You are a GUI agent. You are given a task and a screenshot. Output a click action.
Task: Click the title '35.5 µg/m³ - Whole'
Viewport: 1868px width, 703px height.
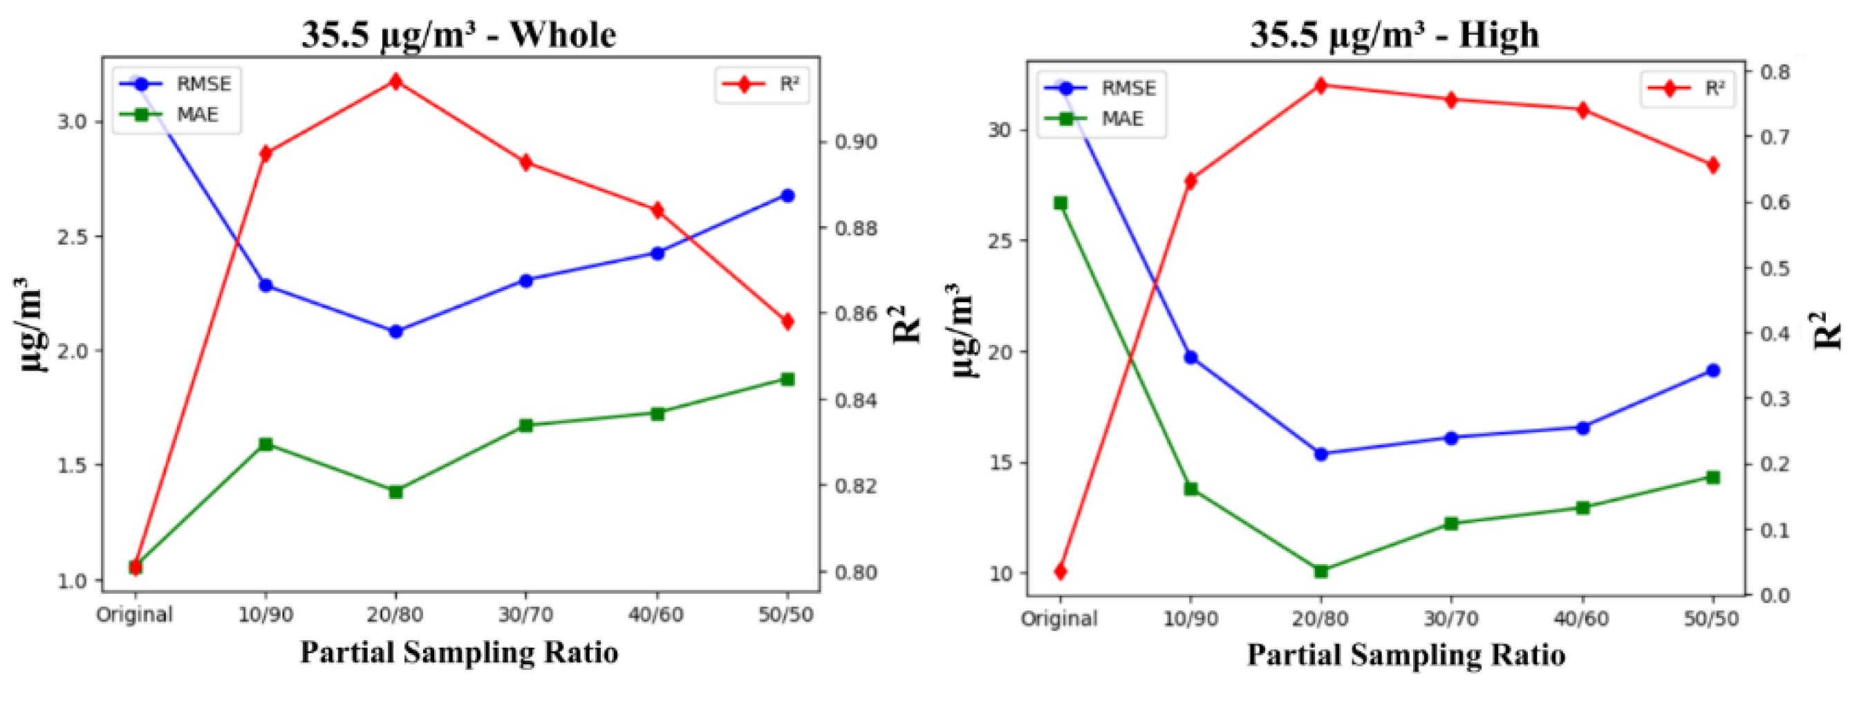click(458, 35)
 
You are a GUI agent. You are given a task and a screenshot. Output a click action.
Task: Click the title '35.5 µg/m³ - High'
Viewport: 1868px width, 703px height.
click(1394, 35)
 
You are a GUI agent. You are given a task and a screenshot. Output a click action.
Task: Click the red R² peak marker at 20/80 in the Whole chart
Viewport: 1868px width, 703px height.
click(396, 81)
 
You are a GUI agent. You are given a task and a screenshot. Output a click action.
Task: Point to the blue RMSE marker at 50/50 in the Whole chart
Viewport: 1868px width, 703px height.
click(787, 196)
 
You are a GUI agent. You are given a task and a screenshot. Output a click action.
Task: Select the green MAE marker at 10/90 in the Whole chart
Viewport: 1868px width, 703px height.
click(265, 444)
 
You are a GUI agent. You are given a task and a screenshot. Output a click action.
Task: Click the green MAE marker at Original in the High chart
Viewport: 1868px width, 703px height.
click(1061, 203)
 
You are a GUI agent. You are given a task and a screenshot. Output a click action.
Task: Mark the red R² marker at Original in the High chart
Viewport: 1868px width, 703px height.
click(1061, 572)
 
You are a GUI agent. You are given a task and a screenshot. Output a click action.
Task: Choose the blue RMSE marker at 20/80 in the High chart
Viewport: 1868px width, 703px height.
click(1320, 454)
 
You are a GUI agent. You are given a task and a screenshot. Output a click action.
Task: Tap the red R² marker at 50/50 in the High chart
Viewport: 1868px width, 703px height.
click(1714, 165)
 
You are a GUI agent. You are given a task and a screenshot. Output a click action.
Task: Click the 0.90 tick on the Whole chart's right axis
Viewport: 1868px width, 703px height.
click(856, 142)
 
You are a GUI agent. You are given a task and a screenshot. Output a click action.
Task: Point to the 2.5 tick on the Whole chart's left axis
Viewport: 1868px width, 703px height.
click(72, 237)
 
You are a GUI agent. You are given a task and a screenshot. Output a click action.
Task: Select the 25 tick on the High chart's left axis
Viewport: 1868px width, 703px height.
click(999, 241)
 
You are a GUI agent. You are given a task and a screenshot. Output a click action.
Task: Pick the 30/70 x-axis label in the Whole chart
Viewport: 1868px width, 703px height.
click(525, 615)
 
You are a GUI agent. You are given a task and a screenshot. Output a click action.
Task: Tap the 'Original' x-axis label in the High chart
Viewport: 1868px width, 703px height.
click(1059, 619)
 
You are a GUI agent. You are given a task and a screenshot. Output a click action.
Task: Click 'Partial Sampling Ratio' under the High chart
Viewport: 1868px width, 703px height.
click(1406, 655)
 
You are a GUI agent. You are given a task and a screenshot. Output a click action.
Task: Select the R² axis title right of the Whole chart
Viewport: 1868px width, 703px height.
click(906, 325)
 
